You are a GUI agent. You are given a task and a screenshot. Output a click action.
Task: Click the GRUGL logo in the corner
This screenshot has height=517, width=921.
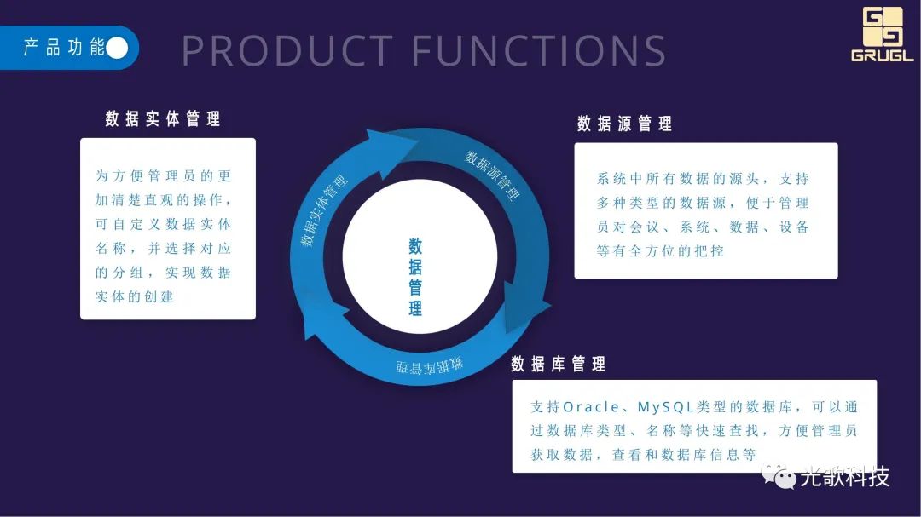[x=882, y=34]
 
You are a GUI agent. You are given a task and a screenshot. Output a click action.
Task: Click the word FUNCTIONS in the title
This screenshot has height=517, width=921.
[x=539, y=51]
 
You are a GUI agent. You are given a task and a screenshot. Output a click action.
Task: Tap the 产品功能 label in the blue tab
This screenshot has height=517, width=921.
[x=63, y=48]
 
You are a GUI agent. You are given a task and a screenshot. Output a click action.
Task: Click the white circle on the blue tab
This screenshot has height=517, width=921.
[x=117, y=48]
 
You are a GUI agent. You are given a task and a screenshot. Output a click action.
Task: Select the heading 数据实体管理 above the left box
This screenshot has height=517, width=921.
[x=163, y=119]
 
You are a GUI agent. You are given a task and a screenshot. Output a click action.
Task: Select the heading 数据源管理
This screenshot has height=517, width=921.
[x=624, y=124]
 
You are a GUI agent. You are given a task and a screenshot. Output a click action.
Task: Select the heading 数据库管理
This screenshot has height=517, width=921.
[x=559, y=365]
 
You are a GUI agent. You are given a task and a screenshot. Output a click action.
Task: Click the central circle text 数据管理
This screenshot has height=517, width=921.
[x=415, y=278]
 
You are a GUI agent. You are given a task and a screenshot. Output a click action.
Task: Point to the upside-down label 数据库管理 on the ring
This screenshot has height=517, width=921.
[x=429, y=366]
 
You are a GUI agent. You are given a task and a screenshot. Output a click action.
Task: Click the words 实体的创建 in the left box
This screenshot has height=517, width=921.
[x=134, y=296]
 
